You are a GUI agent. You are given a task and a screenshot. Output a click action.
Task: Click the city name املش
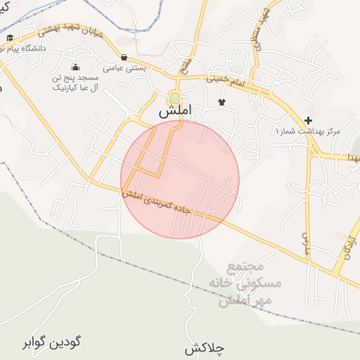point(174,112)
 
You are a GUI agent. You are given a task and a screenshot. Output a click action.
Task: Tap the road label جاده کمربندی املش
point(167,202)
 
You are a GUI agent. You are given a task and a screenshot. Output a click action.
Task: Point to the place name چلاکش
point(204,349)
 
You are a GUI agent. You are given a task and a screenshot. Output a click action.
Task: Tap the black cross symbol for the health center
point(308,120)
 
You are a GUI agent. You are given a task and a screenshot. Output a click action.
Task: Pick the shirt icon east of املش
point(222,103)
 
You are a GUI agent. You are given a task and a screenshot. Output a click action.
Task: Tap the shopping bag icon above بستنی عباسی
point(124,58)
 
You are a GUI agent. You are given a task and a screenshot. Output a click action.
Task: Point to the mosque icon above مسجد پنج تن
point(75,67)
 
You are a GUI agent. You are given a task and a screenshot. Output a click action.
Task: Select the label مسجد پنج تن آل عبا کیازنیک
point(75,83)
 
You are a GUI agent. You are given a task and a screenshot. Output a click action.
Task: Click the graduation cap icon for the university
point(10,37)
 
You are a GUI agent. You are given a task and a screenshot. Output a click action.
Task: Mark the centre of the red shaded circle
point(180,180)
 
